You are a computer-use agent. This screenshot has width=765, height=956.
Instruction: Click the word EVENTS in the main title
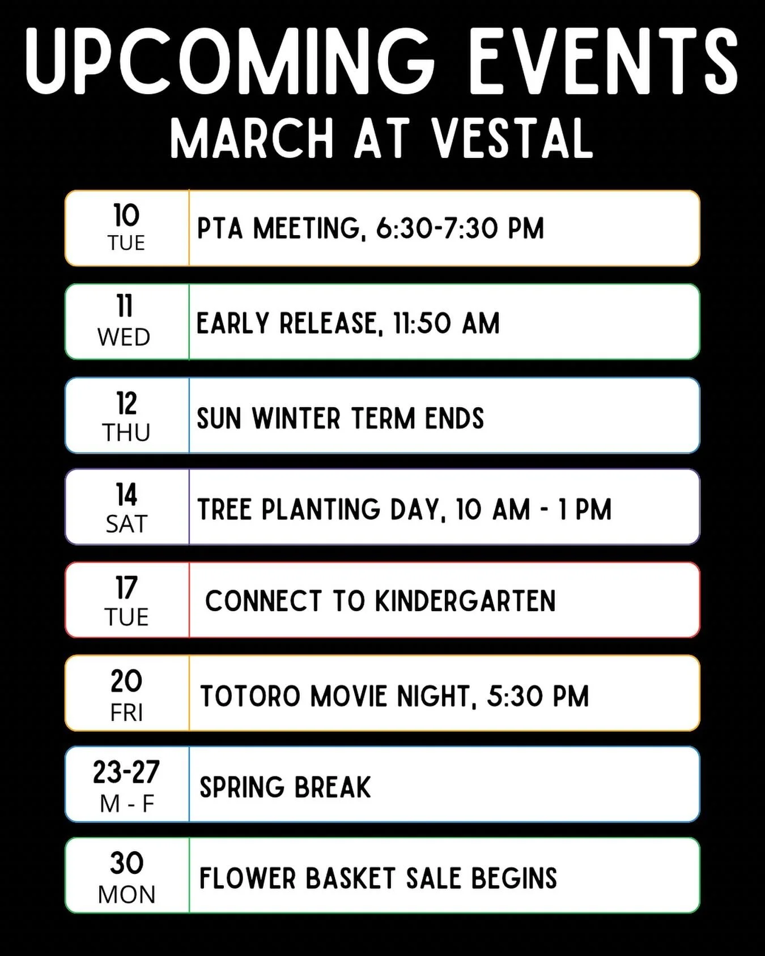pos(603,61)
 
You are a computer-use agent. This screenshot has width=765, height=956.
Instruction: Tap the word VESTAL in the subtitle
pos(513,139)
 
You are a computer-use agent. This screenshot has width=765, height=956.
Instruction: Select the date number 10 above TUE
pos(126,216)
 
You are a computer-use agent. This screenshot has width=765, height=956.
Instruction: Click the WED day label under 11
pos(124,338)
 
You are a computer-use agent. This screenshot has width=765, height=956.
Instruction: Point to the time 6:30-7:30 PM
pos(460,229)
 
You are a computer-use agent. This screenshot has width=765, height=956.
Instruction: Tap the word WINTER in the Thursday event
pos(296,419)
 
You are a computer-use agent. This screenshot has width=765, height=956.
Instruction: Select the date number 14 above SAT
pos(126,494)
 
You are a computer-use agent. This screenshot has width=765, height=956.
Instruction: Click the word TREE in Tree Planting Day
pos(225,509)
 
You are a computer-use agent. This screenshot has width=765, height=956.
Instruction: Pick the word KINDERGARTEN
pos(465,601)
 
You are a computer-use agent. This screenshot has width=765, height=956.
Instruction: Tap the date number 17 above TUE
pos(126,588)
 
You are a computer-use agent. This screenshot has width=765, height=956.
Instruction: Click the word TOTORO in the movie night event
pos(250,696)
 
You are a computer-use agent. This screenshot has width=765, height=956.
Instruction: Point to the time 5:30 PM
pos(538,696)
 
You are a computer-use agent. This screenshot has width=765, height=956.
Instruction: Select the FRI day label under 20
pos(126,713)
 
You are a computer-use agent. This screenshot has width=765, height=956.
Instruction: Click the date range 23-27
pos(126,772)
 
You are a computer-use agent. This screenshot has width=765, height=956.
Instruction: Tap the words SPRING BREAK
pos(285,787)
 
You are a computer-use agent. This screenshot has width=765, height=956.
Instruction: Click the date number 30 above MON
pos(126,863)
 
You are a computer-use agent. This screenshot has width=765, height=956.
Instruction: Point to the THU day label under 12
pos(126,433)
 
